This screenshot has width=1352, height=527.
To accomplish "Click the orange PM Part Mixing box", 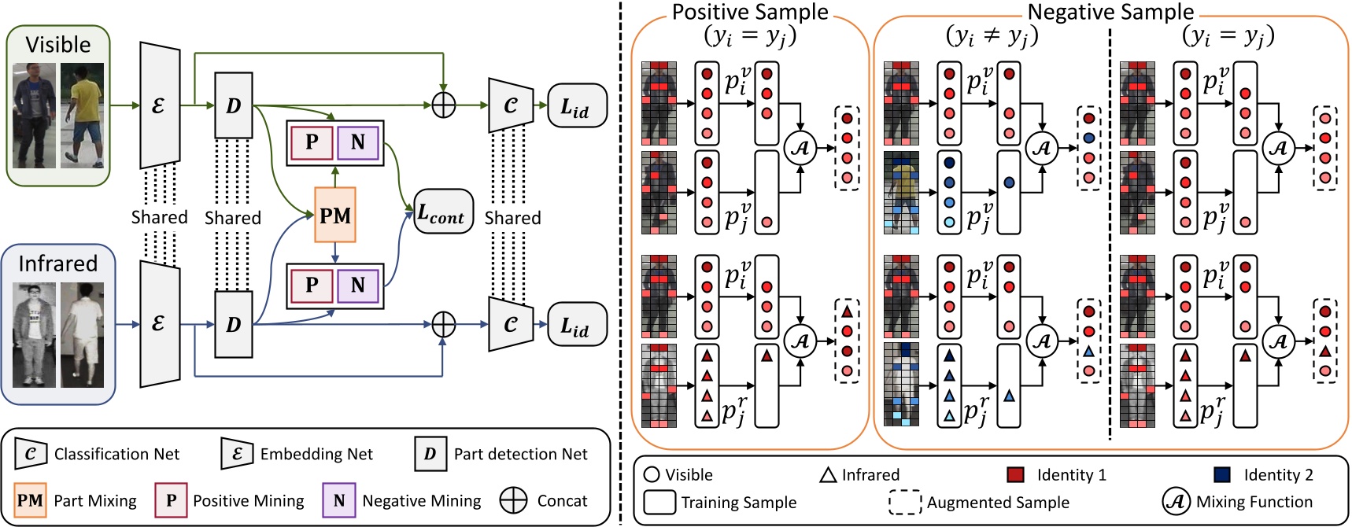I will [335, 215].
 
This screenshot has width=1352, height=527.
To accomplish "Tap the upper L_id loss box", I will [577, 106].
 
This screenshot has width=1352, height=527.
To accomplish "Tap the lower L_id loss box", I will [577, 324].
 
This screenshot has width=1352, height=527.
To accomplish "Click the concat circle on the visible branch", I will [444, 105].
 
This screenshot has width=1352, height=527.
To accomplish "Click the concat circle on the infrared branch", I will [444, 324].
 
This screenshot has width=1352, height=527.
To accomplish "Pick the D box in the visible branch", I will [234, 105].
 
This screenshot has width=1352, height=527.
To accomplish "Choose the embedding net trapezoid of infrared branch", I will [159, 324].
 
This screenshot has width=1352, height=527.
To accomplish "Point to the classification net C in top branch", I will [511, 105].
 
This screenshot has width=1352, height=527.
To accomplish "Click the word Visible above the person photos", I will [58, 45].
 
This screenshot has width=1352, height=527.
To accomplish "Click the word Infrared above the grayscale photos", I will [58, 263].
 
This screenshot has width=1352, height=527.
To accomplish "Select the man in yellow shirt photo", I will [83, 115].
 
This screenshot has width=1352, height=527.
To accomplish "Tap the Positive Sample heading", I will [749, 12].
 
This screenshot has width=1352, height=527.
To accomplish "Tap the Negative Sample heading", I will [1110, 12].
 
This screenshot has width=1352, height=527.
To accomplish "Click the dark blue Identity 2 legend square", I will [1222, 474].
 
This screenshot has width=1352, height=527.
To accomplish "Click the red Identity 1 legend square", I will [1015, 474].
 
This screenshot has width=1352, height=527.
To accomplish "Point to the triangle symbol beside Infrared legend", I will [828, 475].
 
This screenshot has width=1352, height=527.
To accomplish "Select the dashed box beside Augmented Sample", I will [905, 502].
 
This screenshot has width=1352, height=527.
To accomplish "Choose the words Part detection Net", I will [520, 454].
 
